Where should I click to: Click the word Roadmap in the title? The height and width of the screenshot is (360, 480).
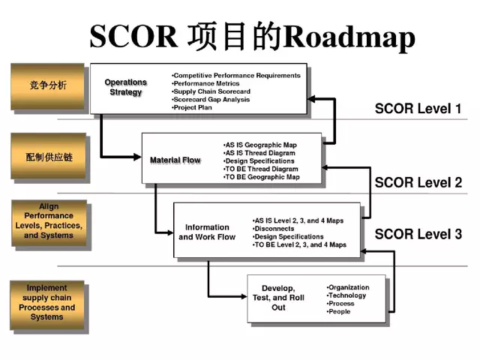click(351, 35)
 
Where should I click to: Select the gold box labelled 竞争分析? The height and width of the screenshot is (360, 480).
click(47, 85)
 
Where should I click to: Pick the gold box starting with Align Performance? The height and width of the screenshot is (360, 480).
click(49, 222)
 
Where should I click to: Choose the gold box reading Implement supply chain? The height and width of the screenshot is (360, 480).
click(47, 302)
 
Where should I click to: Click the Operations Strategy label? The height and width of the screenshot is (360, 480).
click(125, 87)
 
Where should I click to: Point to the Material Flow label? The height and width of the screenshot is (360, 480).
click(175, 160)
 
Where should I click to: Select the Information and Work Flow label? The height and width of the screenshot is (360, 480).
click(207, 232)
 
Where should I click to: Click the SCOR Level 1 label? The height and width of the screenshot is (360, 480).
click(418, 109)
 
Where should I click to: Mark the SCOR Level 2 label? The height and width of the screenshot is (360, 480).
click(418, 182)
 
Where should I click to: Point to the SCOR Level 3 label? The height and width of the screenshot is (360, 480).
click(418, 234)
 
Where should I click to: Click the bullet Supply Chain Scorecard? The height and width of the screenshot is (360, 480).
click(211, 91)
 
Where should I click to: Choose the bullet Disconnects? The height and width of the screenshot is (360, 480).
click(274, 228)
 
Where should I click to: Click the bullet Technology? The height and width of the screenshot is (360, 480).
click(347, 295)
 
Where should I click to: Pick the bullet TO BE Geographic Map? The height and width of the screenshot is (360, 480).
click(262, 177)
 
